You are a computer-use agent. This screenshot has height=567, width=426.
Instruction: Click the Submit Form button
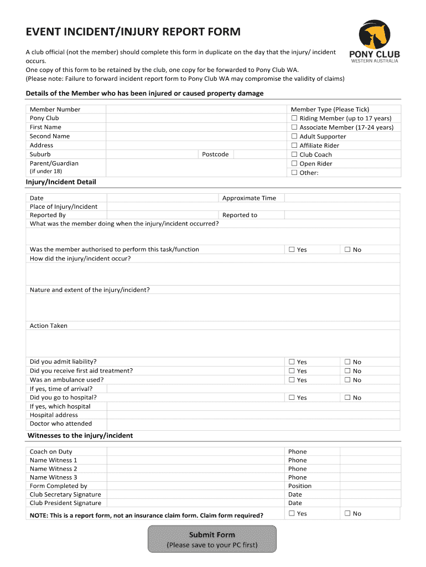click(x=212, y=539)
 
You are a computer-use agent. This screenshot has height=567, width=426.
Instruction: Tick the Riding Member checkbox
click(x=294, y=118)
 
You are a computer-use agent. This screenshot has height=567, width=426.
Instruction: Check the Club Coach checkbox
click(x=294, y=155)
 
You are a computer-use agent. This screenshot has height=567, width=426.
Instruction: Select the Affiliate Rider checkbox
click(x=294, y=146)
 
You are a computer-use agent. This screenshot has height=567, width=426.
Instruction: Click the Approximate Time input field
click(x=341, y=198)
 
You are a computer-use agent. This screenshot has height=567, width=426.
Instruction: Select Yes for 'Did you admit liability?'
click(x=292, y=362)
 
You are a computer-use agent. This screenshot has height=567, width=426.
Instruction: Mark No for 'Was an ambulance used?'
click(x=347, y=380)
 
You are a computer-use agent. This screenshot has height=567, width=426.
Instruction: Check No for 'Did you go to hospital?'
click(x=347, y=398)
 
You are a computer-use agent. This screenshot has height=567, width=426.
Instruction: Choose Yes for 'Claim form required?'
click(x=292, y=513)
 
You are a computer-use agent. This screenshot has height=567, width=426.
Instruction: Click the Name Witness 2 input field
click(x=195, y=469)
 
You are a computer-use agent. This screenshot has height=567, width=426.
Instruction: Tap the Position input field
click(x=369, y=486)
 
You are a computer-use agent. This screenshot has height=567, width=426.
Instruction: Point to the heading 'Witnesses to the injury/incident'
click(x=80, y=436)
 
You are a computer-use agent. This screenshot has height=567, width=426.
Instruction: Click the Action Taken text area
click(x=213, y=343)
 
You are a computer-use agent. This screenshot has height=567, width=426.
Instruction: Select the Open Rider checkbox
click(x=294, y=164)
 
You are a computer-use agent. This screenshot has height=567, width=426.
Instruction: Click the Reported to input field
click(x=341, y=215)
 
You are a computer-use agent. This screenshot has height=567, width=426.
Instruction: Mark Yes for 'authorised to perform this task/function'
click(x=292, y=250)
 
